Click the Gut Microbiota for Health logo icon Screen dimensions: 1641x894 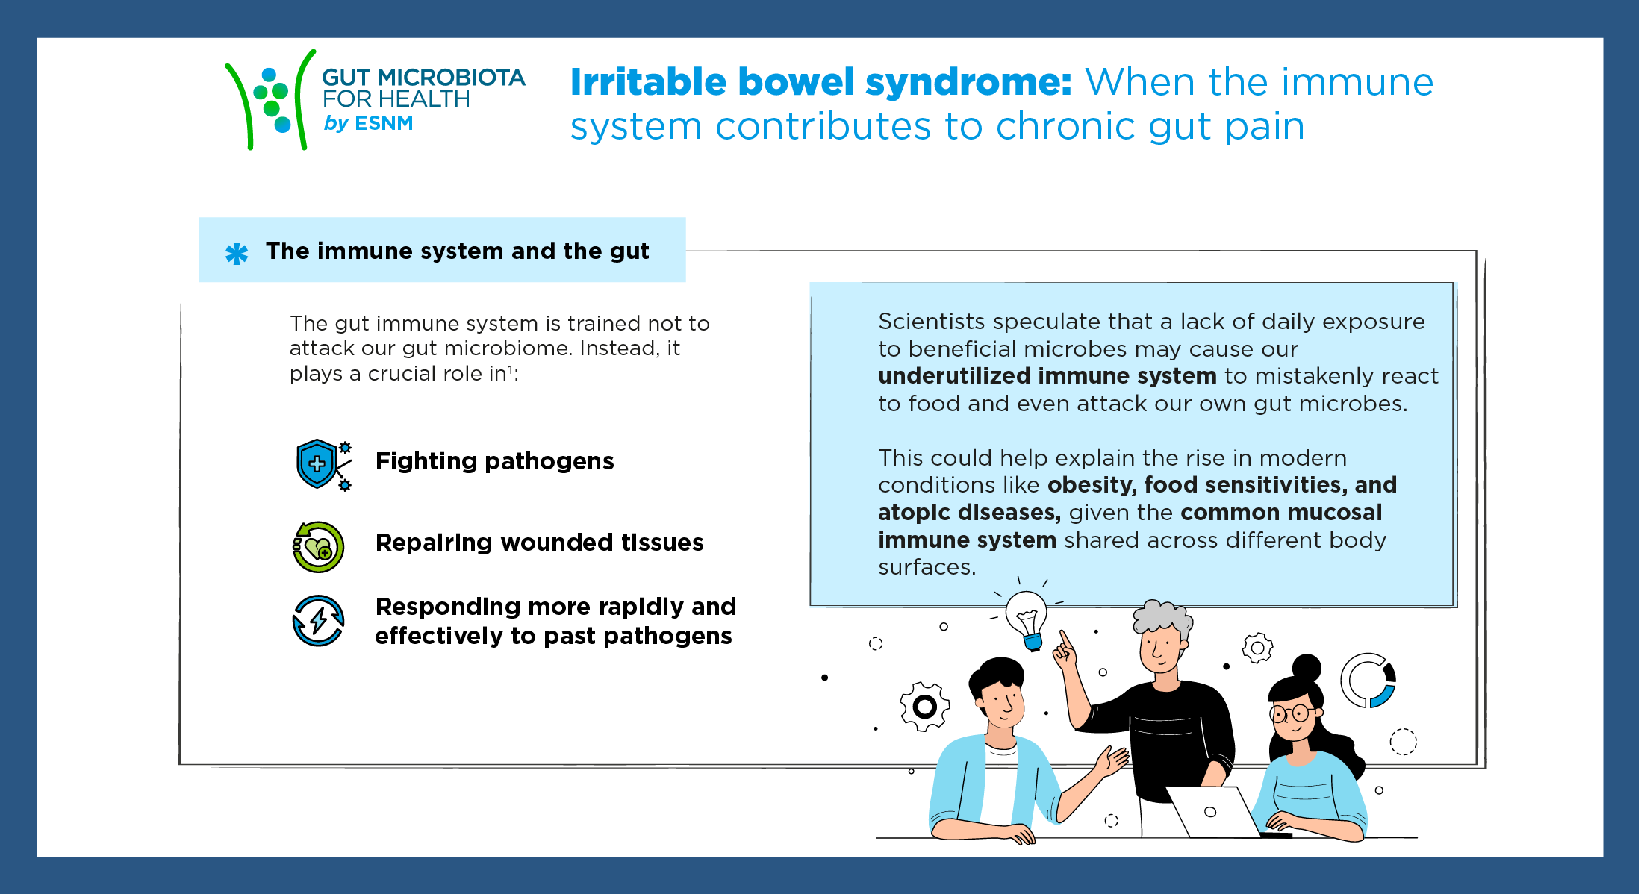[x=270, y=99]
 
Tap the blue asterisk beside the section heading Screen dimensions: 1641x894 [x=237, y=254]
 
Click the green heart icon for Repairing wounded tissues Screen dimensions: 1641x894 [x=318, y=547]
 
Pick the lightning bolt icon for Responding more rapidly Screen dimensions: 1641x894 [x=318, y=620]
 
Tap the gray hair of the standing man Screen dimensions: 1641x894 [x=1162, y=617]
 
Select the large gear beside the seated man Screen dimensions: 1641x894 [x=925, y=706]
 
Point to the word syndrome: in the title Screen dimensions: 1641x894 [x=968, y=82]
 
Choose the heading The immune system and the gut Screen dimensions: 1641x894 [x=457, y=251]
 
